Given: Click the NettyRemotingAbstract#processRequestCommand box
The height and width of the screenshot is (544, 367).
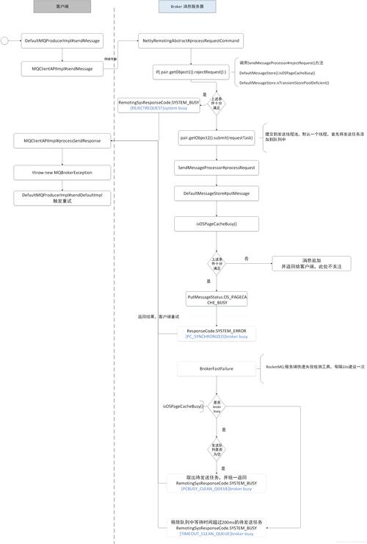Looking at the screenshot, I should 190,40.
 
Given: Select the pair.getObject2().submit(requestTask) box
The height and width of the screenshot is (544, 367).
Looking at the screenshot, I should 217,138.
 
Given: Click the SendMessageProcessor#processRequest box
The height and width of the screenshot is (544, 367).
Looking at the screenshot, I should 217,168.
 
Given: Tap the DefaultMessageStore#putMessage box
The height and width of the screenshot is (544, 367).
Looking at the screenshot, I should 217,193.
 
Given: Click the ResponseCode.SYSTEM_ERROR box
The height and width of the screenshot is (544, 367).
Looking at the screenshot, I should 217,333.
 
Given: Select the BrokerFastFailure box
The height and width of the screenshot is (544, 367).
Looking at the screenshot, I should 217,368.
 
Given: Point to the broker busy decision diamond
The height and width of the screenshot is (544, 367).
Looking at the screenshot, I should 217,407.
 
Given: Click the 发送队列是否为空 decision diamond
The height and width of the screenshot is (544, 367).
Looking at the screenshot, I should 217,448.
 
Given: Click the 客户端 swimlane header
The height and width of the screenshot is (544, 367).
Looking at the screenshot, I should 62,5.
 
